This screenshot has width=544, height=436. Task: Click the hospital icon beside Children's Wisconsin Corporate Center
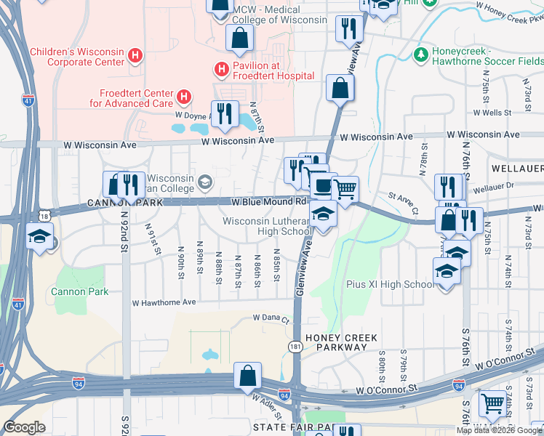pyautogui.click(x=134, y=55)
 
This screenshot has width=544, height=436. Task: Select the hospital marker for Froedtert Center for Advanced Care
pyautogui.click(x=184, y=96)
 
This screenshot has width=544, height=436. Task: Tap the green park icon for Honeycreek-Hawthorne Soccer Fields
pyautogui.click(x=420, y=54)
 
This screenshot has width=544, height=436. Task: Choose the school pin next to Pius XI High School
pyautogui.click(x=444, y=273)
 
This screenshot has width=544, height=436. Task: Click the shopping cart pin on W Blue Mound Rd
pyautogui.click(x=345, y=189)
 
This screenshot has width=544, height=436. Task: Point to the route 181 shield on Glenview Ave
pyautogui.click(x=295, y=347)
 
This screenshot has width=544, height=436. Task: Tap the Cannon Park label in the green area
pyautogui.click(x=79, y=291)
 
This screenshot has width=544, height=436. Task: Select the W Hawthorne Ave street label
pyautogui.click(x=164, y=302)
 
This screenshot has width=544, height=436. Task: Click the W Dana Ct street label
pyautogui.click(x=271, y=318)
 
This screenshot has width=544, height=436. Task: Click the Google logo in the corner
pyautogui.click(x=25, y=427)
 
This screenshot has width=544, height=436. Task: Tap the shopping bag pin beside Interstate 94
pyautogui.click(x=248, y=376)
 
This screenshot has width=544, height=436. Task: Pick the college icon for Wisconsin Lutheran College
pyautogui.click(x=206, y=180)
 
